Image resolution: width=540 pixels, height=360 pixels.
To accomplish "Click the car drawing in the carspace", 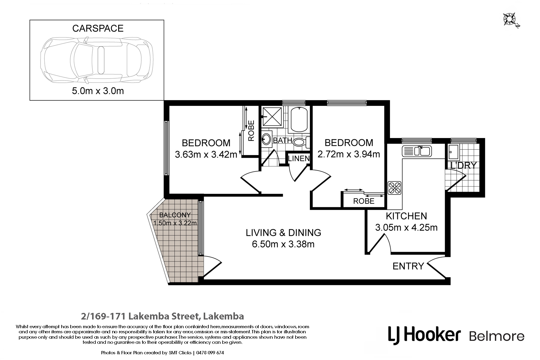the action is [x=97, y=60].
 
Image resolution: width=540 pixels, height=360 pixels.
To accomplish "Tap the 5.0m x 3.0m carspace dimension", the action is [x=98, y=91].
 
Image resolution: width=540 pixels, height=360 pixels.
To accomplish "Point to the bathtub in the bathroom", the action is [x=299, y=119].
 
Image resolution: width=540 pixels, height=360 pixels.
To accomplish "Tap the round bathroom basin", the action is [x=266, y=139].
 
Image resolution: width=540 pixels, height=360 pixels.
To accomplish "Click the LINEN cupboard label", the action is [x=299, y=158].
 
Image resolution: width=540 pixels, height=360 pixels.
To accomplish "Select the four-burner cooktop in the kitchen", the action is [x=394, y=188].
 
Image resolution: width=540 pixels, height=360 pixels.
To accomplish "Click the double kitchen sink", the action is [x=417, y=151].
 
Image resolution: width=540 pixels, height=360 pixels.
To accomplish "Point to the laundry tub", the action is [x=453, y=152].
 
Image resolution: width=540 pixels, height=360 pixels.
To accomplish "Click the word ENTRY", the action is [x=408, y=266].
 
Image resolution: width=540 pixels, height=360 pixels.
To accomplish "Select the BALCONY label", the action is [x=175, y=215].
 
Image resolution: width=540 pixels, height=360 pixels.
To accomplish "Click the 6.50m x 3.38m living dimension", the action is [x=283, y=244].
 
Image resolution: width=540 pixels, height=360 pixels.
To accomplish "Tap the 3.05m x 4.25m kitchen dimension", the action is [x=406, y=227].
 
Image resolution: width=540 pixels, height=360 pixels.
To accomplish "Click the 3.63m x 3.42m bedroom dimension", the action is [x=206, y=154].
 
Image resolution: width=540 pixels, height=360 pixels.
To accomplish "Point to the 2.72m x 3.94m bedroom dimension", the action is [x=349, y=154].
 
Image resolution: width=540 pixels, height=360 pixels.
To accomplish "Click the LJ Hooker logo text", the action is [x=424, y=335].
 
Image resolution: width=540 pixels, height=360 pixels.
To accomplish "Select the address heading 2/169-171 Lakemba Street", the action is [x=162, y=316].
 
